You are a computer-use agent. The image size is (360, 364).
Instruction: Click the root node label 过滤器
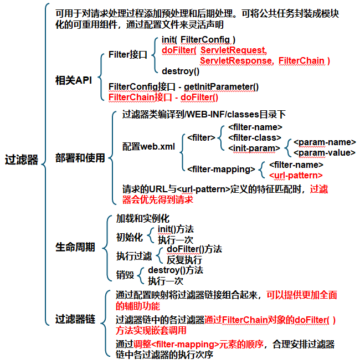click(x=21, y=160)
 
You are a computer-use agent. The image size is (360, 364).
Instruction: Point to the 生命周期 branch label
click(x=75, y=246)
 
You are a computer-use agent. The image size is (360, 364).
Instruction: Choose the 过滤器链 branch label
click(x=75, y=319)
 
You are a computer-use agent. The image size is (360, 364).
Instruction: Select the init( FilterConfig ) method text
click(x=198, y=40)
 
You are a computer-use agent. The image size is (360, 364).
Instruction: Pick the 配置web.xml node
click(x=148, y=147)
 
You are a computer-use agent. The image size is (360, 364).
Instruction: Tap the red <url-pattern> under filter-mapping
click(x=295, y=175)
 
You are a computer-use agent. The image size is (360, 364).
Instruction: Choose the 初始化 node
click(x=128, y=237)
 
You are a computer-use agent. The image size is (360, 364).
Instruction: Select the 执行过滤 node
click(x=133, y=257)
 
